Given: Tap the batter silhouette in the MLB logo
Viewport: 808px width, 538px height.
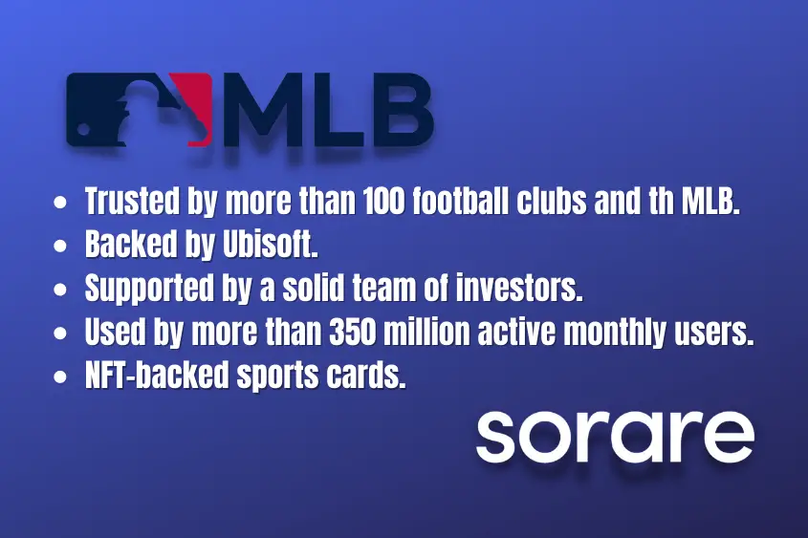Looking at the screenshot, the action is point(142,111).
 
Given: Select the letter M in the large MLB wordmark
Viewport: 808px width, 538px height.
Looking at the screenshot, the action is point(260,109).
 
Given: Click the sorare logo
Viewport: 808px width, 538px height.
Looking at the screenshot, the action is point(615,436).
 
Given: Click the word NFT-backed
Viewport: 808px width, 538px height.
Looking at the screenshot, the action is point(157,376).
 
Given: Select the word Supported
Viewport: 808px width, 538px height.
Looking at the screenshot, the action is point(149,290).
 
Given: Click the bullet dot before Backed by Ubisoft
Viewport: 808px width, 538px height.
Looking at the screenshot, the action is point(60,246).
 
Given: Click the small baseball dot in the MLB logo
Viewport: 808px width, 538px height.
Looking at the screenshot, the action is point(83,129).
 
